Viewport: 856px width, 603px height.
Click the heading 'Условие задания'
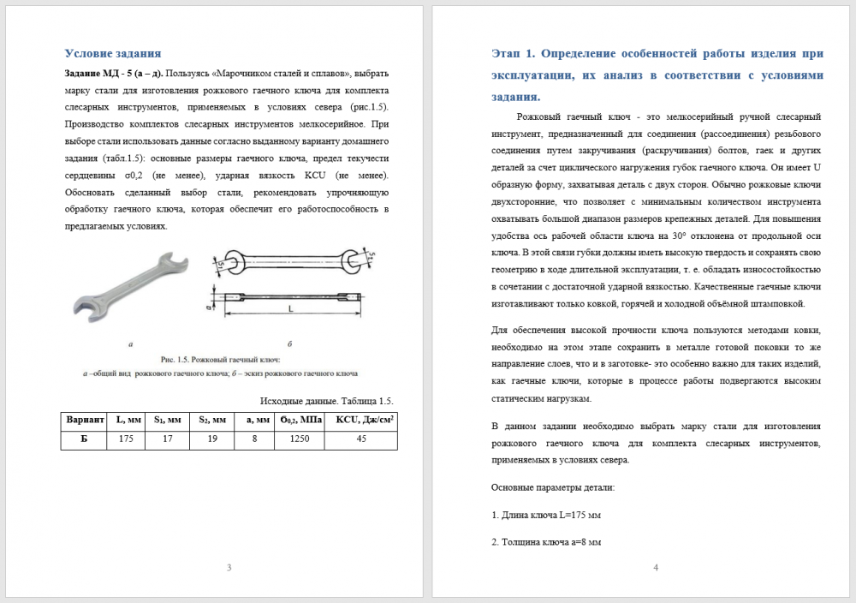(113, 53)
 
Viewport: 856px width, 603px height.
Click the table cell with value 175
(126, 439)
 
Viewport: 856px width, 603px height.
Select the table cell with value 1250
(300, 439)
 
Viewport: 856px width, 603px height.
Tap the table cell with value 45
(361, 439)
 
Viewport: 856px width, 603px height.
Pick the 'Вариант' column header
(84, 421)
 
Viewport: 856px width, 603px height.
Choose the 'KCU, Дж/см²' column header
(361, 421)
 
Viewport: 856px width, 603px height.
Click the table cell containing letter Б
(84, 439)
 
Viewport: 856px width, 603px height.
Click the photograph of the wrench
(128, 288)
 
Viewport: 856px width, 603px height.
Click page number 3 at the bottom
(229, 568)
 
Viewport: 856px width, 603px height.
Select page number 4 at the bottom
(656, 568)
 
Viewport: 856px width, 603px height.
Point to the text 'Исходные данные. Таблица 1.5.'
(325, 400)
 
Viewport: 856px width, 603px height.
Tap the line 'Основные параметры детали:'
(553, 487)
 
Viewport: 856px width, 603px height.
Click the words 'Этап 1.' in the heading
(513, 53)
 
